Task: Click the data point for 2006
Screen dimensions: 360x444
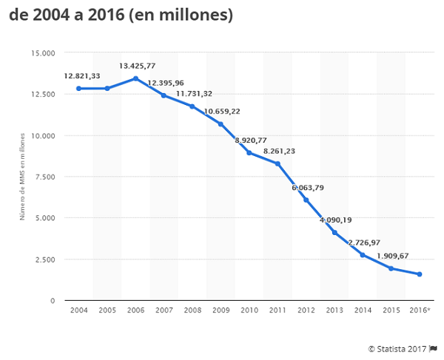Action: (135, 78)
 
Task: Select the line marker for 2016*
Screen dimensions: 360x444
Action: (420, 274)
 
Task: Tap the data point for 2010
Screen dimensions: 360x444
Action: (249, 153)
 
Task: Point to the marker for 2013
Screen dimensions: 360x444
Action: (334, 233)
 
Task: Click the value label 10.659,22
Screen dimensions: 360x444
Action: (221, 111)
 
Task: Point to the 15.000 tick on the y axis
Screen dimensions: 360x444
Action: (43, 53)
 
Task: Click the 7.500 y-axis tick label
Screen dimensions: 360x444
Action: (44, 177)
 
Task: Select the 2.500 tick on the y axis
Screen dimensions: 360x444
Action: (44, 259)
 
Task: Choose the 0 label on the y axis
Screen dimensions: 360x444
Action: (53, 301)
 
